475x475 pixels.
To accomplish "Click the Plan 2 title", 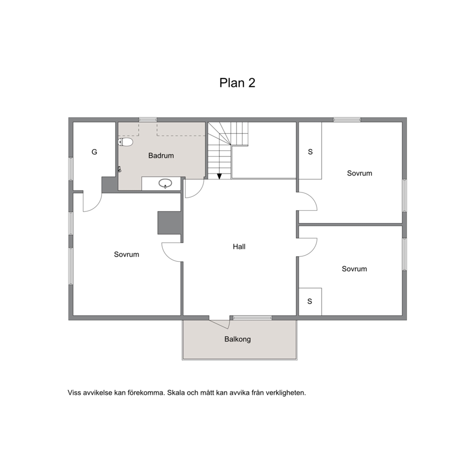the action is click(237, 83).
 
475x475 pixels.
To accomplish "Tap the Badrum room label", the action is click(161, 156).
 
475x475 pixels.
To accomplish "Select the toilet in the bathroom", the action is click(125, 142).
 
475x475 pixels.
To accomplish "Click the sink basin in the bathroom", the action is click(165, 183).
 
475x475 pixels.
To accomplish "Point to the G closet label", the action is click(94, 152).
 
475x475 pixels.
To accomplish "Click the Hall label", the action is click(239, 247).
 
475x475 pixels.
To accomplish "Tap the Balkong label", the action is click(237, 339).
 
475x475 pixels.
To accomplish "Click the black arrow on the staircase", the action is click(219, 176).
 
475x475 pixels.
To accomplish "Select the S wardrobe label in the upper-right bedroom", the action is click(310, 152).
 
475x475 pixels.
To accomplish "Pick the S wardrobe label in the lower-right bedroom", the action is click(310, 301).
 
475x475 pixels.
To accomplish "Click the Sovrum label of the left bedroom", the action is click(126, 254).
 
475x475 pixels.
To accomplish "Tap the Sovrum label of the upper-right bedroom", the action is click(360, 173).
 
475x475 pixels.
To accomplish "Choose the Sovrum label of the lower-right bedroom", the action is click(354, 269).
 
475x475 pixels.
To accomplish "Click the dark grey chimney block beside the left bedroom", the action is click(170, 223).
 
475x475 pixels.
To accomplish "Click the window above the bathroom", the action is click(148, 120).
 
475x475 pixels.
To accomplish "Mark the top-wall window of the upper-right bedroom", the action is click(347, 120).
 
